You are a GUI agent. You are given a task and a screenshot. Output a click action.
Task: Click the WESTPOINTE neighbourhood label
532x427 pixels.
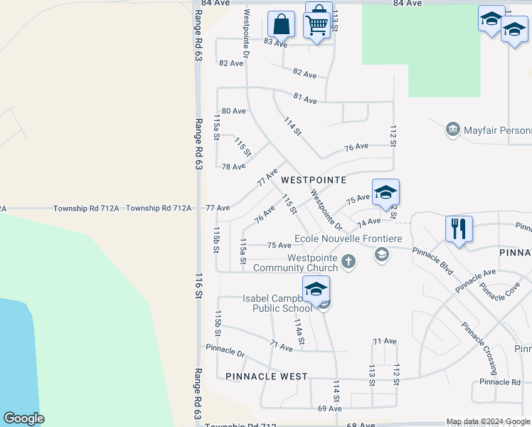tap(314, 181)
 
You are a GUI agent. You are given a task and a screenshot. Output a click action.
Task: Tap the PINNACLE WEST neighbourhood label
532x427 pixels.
tap(266, 376)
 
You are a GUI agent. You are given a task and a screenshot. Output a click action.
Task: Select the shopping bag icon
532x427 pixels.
tap(282, 24)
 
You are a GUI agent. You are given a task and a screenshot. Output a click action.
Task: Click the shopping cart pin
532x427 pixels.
tap(316, 26)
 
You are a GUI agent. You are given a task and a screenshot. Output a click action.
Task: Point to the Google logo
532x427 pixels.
tap(23, 418)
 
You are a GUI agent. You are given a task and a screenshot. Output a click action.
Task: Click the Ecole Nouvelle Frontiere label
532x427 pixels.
tap(349, 238)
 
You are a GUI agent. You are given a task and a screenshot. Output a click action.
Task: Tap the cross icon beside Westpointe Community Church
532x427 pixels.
tap(348, 260)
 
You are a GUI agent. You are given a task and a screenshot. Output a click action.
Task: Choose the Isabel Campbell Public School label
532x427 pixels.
tap(277, 303)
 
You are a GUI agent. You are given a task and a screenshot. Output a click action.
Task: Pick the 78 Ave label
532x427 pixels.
tap(233, 167)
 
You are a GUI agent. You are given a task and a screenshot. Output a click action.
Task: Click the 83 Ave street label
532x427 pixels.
tap(275, 43)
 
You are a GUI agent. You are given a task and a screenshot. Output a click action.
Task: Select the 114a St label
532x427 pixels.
tap(300, 332)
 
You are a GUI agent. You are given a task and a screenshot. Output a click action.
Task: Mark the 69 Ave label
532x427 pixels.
tap(330, 408)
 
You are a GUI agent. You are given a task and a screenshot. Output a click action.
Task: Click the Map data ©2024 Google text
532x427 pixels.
tap(488, 421)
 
